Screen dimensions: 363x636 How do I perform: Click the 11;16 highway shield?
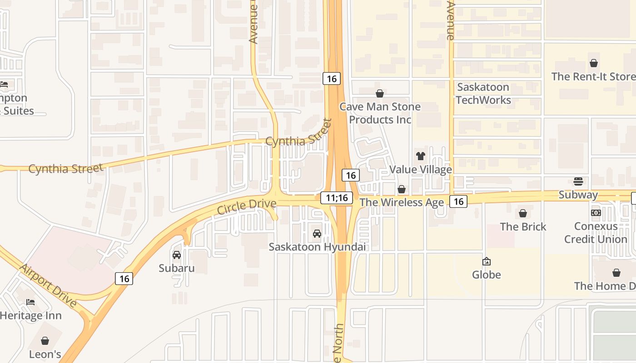click(x=337, y=197)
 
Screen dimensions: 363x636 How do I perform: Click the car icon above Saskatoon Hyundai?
click(x=317, y=234)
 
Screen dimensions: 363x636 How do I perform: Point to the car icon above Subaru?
click(x=177, y=255)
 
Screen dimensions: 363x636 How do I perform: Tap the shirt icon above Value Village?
click(x=420, y=156)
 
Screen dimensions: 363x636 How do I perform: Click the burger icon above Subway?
click(x=578, y=181)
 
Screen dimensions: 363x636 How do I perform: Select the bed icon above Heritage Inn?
click(x=30, y=302)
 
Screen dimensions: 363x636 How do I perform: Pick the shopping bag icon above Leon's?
click(x=45, y=340)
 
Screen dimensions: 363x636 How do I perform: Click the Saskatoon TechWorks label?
click(x=483, y=93)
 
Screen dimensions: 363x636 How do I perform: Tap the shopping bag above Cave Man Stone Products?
click(x=380, y=93)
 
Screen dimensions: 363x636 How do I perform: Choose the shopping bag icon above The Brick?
click(x=523, y=213)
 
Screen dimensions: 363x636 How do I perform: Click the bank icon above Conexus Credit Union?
click(x=596, y=212)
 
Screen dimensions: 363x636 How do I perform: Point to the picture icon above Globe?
click(x=487, y=261)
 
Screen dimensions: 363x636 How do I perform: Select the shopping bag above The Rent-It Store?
click(x=593, y=63)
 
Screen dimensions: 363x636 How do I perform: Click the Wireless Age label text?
click(x=402, y=202)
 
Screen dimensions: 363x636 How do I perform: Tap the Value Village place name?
click(x=421, y=170)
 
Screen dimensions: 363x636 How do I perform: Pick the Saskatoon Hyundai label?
click(x=317, y=247)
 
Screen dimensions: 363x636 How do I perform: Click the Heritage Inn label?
click(x=30, y=316)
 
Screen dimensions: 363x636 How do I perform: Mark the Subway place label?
click(x=578, y=195)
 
